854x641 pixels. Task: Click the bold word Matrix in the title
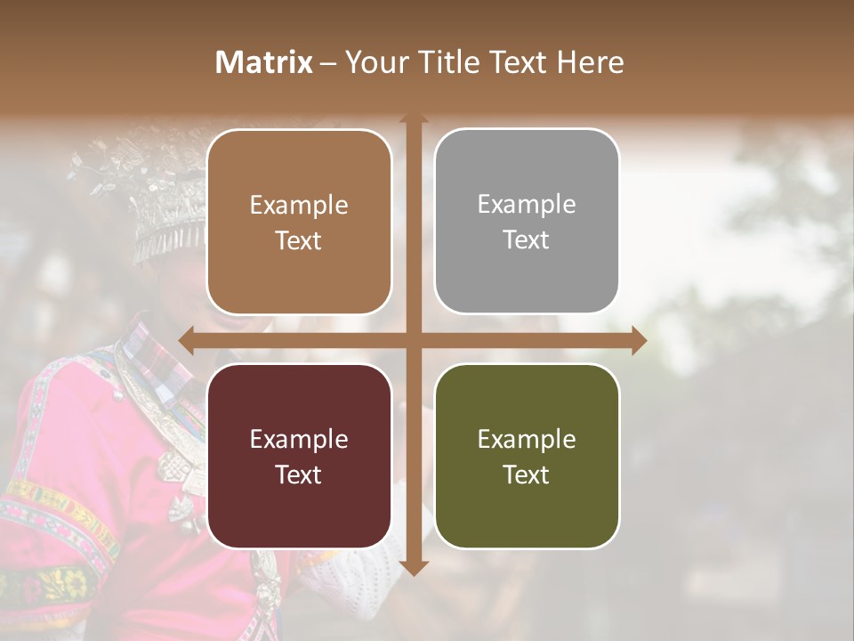pyautogui.click(x=264, y=62)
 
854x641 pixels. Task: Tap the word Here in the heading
pyautogui.click(x=591, y=62)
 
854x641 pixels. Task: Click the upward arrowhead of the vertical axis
pyautogui.click(x=414, y=119)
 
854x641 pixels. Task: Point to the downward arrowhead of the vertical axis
pyautogui.click(x=414, y=567)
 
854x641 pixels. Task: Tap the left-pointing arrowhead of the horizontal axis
pyautogui.click(x=186, y=340)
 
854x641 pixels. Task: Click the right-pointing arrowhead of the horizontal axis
pyautogui.click(x=639, y=340)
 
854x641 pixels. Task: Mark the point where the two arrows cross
pyautogui.click(x=414, y=340)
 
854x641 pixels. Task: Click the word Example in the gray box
pyautogui.click(x=527, y=205)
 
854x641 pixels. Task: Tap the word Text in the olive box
pyautogui.click(x=527, y=475)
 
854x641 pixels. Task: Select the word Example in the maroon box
pyautogui.click(x=299, y=439)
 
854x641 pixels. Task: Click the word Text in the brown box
pyautogui.click(x=299, y=240)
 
